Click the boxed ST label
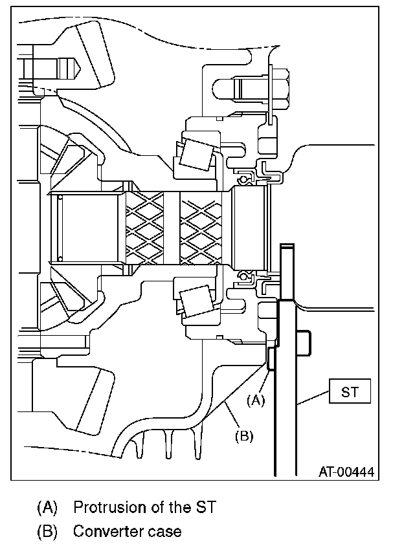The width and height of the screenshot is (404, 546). [x=349, y=391]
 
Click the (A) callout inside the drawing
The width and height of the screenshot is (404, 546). [x=257, y=400]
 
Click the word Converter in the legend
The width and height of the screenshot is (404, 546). [x=104, y=532]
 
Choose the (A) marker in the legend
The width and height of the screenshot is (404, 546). [x=48, y=506]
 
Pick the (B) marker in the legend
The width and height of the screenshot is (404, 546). [x=48, y=532]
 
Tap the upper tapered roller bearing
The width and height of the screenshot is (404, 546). [x=197, y=151]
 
